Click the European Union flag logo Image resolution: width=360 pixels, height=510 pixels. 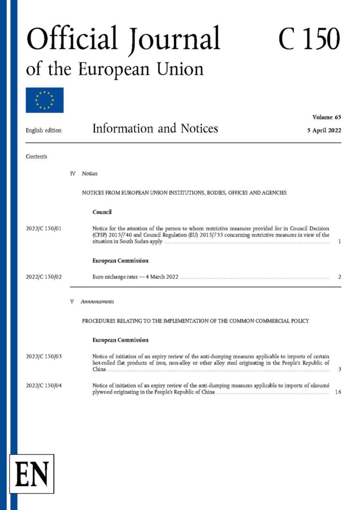pos(45,100)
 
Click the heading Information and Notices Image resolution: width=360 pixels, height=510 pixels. pos(155,129)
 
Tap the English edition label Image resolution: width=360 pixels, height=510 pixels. pos(44,130)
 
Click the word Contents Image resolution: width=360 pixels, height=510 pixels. pos(37,157)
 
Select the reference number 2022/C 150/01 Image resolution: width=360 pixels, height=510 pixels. pos(45,228)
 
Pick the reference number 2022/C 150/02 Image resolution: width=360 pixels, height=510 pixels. pos(45,277)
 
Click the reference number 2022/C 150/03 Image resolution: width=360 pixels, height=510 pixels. pos(45,357)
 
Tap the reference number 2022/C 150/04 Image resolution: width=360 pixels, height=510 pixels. pos(45,385)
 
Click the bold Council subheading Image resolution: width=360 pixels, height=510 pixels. pos(102,212)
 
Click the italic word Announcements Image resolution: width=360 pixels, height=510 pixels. pos(97,302)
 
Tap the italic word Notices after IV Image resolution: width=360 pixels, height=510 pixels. pos(90,174)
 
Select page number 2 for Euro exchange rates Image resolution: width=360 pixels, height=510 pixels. pos(339,277)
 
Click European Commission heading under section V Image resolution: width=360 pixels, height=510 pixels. pos(120,340)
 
